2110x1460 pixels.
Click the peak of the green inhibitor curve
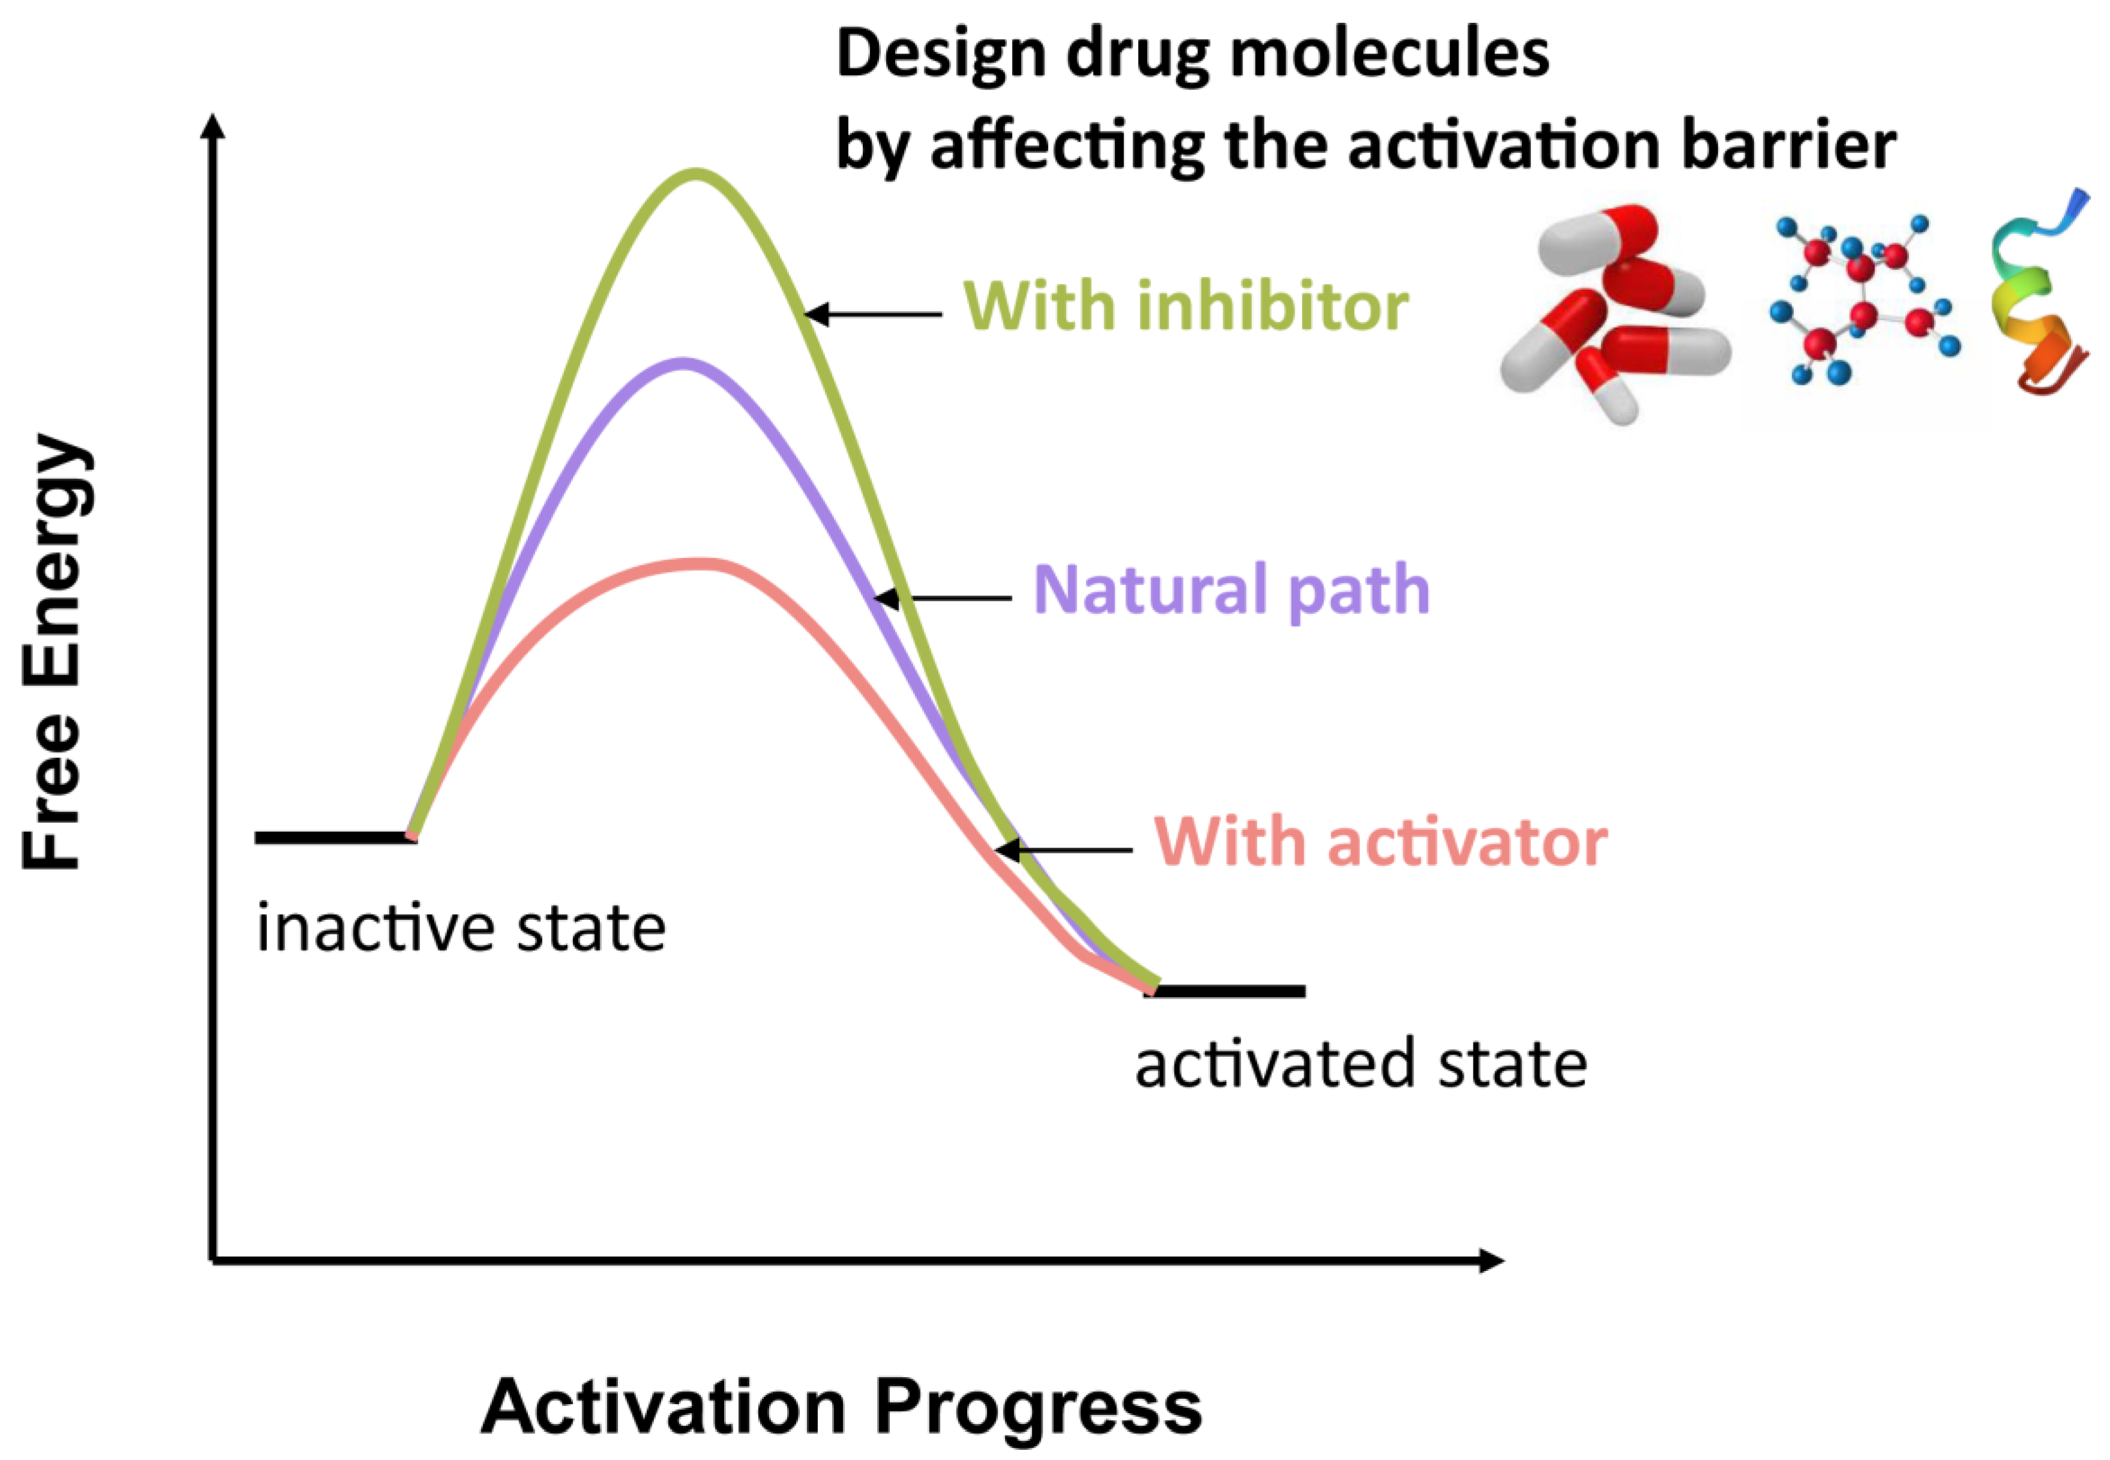(x=695, y=174)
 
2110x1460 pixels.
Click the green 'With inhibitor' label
(x=1185, y=307)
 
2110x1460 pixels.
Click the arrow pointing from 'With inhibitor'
(x=874, y=314)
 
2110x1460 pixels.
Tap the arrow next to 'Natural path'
(x=942, y=598)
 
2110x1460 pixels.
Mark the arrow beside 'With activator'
(x=1064, y=850)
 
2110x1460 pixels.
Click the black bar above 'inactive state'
(x=335, y=837)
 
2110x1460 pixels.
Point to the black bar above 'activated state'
(x=1226, y=991)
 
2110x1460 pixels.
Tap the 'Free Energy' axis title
(x=53, y=651)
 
